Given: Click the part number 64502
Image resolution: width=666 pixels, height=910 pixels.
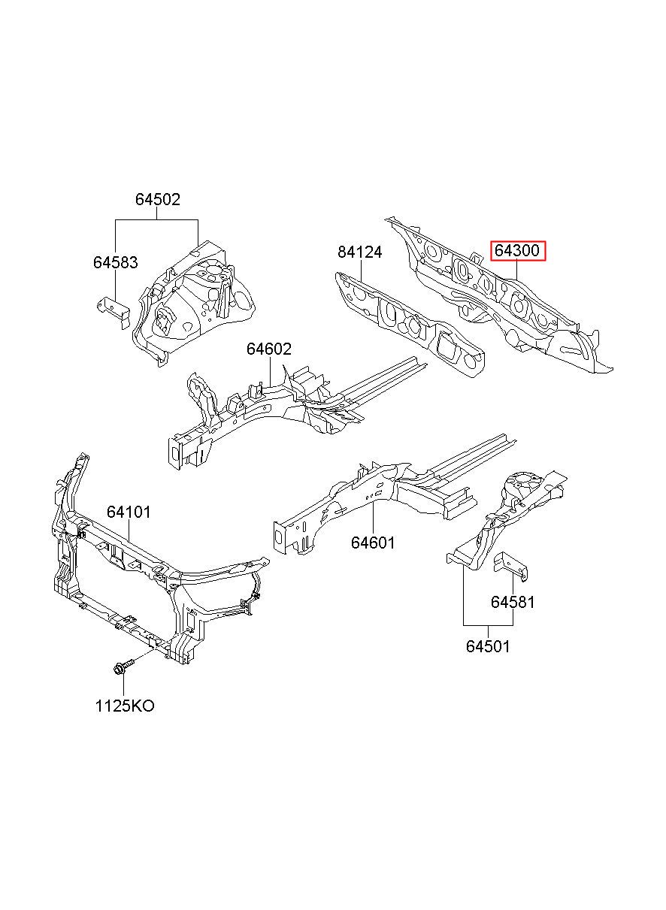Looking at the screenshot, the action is tap(158, 199).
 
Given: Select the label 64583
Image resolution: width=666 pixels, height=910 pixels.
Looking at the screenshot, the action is tap(116, 262).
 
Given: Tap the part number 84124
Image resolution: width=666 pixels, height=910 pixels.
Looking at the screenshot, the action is tap(359, 252).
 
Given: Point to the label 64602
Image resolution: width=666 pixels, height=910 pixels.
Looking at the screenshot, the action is tap(269, 349).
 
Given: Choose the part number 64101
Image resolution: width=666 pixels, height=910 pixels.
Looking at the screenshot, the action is tap(129, 512).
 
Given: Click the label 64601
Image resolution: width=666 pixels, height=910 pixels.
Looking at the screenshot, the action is tap(373, 543).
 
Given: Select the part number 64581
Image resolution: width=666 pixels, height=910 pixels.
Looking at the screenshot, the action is tap(513, 602).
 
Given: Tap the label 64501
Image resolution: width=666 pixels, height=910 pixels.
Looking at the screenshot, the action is tap(488, 646).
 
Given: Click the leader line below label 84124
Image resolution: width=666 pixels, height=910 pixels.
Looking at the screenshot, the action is tap(362, 270).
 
